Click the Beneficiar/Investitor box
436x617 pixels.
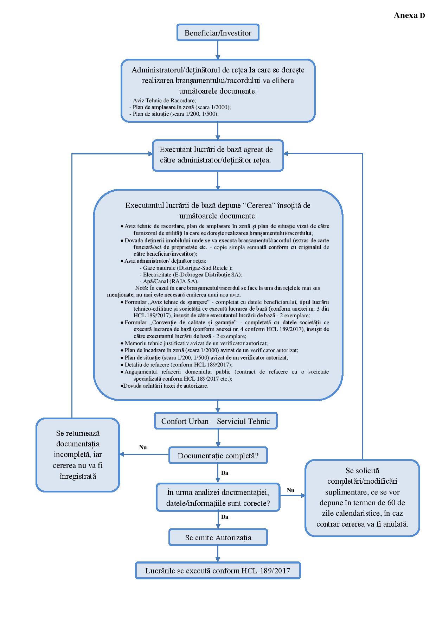pos(218,33)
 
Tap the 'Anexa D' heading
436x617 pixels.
pos(409,15)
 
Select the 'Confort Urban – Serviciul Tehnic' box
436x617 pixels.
pos(216,421)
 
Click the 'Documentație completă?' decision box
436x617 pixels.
pos(218,456)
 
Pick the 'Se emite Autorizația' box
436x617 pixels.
pos(218,538)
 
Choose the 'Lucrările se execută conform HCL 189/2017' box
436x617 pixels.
pos(218,570)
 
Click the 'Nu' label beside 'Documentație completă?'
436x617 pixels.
pos(143,447)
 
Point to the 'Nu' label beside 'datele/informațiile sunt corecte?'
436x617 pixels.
pos(290,490)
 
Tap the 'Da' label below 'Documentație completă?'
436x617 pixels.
pos(225,473)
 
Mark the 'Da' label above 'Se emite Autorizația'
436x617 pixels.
pos(225,517)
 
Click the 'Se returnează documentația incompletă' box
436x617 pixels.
pos(78,454)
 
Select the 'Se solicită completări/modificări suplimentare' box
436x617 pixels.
pos(362,497)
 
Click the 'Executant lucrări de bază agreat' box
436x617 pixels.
pos(218,155)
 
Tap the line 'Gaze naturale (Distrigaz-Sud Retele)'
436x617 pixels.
pos(186,268)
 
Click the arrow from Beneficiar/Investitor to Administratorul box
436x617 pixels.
pos(218,50)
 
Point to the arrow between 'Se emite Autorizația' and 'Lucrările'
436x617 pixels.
pos(218,554)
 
